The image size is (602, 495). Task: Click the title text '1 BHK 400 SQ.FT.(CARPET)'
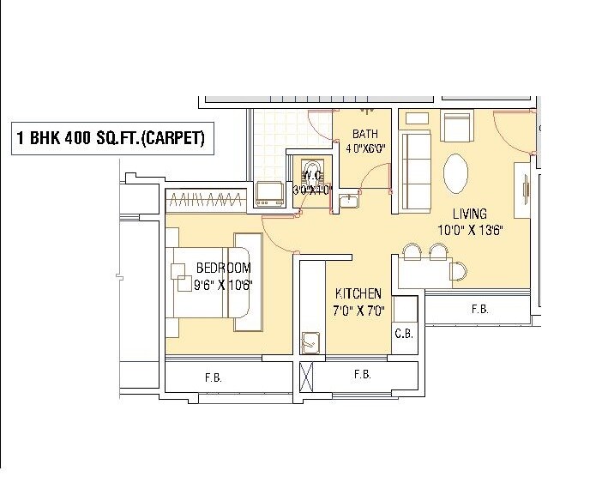point(111,138)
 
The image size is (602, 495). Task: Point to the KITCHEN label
point(358,293)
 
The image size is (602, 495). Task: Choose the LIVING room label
point(470,214)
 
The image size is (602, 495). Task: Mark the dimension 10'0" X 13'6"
point(470,229)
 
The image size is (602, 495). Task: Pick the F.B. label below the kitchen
point(362,375)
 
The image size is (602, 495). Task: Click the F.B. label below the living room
point(479,310)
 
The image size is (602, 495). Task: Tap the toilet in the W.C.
point(309,170)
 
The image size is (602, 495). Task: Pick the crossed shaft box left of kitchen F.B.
point(307,376)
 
